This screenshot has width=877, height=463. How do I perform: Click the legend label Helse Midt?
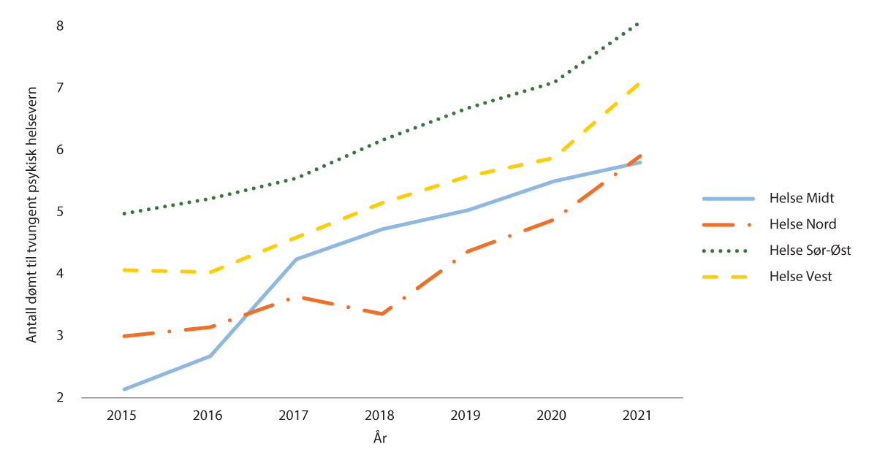[x=800, y=198]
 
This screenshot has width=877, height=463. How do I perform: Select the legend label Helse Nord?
[x=802, y=224]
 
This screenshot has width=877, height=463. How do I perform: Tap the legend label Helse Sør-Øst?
[x=809, y=250]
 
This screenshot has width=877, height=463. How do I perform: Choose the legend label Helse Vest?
[x=800, y=276]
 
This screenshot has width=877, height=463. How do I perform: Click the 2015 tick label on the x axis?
[x=123, y=416]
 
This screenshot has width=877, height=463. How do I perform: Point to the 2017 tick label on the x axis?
[x=295, y=416]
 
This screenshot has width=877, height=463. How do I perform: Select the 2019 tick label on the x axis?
[x=466, y=416]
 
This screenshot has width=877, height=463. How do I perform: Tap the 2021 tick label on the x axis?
[x=637, y=416]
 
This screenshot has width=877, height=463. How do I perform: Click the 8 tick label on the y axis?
[x=60, y=26]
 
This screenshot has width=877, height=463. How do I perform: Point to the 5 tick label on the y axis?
[x=60, y=212]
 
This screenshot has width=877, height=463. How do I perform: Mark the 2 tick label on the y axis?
[x=60, y=398]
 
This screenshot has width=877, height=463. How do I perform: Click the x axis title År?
[x=379, y=438]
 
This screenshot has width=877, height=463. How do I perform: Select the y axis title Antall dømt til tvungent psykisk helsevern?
[x=32, y=212]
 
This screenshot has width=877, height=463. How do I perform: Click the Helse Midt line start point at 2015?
[x=124, y=389]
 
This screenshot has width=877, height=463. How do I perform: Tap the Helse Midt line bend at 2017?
[x=296, y=259]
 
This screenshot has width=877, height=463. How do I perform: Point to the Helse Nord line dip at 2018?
[x=381, y=314]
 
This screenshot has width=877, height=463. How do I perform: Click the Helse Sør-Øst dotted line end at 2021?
[x=639, y=24]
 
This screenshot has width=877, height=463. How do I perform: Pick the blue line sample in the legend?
[x=728, y=198]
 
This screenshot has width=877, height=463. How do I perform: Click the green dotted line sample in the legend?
[x=728, y=250]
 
